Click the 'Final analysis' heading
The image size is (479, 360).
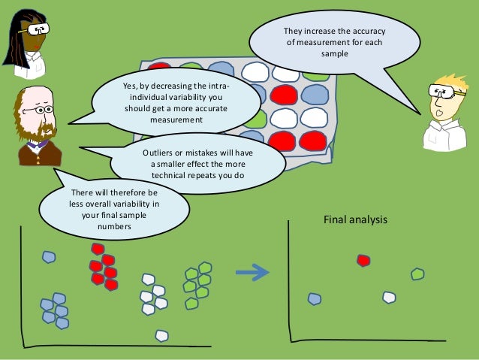coord(354,220)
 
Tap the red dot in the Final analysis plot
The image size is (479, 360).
coord(363,260)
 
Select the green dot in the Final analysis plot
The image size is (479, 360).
coord(417,274)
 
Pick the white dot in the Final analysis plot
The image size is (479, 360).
coord(388,297)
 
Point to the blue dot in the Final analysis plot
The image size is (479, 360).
coord(315,298)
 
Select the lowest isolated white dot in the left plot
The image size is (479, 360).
coord(161,335)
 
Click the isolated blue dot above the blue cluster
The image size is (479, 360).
coord(49,257)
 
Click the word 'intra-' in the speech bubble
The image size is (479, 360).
coord(215,86)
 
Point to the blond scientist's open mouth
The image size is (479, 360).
coord(438,113)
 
